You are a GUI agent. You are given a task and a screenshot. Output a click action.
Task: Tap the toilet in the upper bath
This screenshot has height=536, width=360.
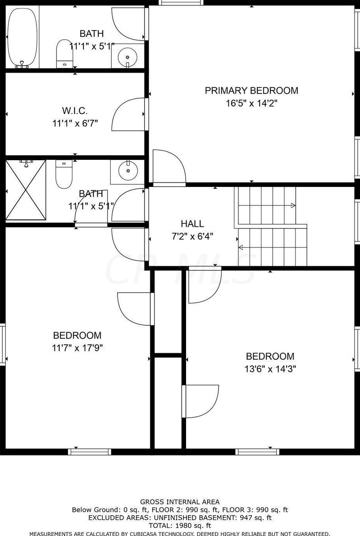coord(65,54)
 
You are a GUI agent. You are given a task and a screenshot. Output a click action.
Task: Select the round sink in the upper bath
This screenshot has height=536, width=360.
coord(127,58)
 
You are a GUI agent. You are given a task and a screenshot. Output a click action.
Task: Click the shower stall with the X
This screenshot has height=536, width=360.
coord(25,190)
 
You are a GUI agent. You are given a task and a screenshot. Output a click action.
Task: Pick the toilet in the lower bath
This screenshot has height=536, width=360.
coord(64,174)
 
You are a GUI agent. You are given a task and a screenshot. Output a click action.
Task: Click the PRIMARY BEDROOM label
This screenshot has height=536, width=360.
coord(251,91)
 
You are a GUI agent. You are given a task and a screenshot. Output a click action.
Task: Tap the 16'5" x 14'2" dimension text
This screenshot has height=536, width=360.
coord(251,103)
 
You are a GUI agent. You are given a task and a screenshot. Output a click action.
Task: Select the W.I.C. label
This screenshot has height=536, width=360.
coord(75,111)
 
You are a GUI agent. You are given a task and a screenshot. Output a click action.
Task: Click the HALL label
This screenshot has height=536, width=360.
coord(192,224)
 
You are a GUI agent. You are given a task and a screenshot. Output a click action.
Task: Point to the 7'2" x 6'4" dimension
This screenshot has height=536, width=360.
coord(192,237)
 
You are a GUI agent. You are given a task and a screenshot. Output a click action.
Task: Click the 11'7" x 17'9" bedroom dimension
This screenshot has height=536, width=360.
coord(77,348)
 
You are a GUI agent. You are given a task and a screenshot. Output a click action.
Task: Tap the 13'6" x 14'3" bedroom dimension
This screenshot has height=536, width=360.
coord(270,369)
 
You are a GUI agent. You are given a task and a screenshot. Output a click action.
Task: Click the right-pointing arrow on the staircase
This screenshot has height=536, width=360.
coord(267,205)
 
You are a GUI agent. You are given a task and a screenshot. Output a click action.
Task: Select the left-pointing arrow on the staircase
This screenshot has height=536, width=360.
coord(273,247)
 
